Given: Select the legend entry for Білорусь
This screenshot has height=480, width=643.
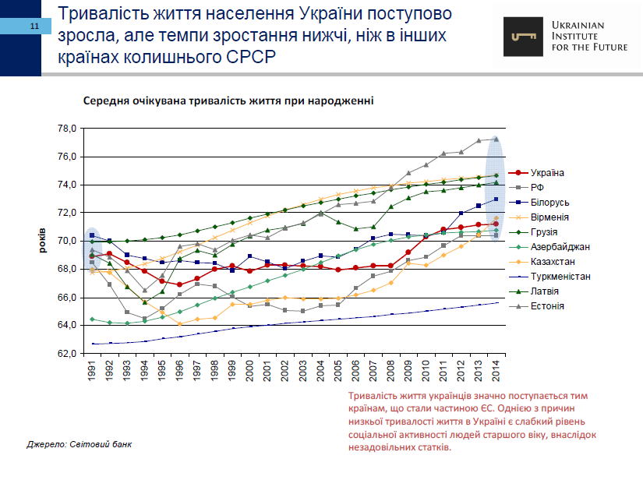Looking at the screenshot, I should (549, 203).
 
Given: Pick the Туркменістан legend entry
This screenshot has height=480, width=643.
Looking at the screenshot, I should (560, 277).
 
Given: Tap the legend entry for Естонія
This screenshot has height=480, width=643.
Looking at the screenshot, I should (547, 306).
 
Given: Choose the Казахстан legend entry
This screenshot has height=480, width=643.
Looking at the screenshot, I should (554, 262).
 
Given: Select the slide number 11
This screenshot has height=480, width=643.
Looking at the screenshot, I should (35, 26).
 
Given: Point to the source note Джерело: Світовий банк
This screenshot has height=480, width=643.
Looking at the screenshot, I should (79, 444).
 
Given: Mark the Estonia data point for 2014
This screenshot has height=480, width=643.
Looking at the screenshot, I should (496, 139).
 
